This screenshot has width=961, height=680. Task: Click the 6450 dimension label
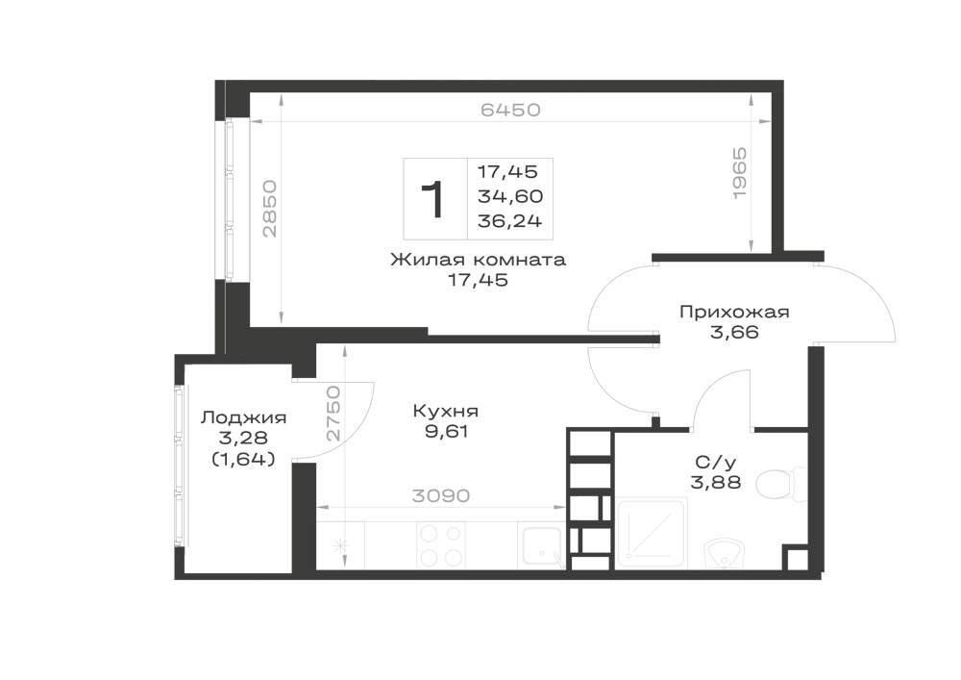(510, 110)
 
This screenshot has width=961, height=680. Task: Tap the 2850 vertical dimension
(270, 209)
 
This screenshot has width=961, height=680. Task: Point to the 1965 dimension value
(740, 172)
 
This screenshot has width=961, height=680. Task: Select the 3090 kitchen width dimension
(441, 495)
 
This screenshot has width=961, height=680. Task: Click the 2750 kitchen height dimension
(333, 414)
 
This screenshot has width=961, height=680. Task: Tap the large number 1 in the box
(433, 200)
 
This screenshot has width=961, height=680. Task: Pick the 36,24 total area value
(510, 221)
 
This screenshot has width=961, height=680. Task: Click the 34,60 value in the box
(510, 197)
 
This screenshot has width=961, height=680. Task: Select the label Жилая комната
(478, 260)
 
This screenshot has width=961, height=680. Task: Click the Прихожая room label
(734, 312)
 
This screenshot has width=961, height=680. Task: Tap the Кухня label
(446, 411)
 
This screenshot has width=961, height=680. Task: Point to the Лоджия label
(243, 418)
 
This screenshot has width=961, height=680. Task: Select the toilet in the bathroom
(782, 485)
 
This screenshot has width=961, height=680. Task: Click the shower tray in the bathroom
(651, 534)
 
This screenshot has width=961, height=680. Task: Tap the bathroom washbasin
(725, 553)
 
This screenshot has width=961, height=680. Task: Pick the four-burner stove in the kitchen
(440, 545)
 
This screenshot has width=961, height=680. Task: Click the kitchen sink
(541, 545)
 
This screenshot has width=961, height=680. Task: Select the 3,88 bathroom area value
(716, 483)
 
